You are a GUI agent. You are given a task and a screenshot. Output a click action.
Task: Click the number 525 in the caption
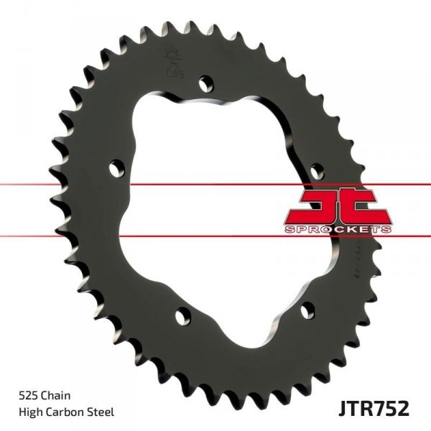tap(28, 395)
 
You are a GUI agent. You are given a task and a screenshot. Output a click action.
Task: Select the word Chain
tap(58, 395)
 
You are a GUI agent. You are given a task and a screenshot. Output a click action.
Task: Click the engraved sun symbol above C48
tap(172, 53)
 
